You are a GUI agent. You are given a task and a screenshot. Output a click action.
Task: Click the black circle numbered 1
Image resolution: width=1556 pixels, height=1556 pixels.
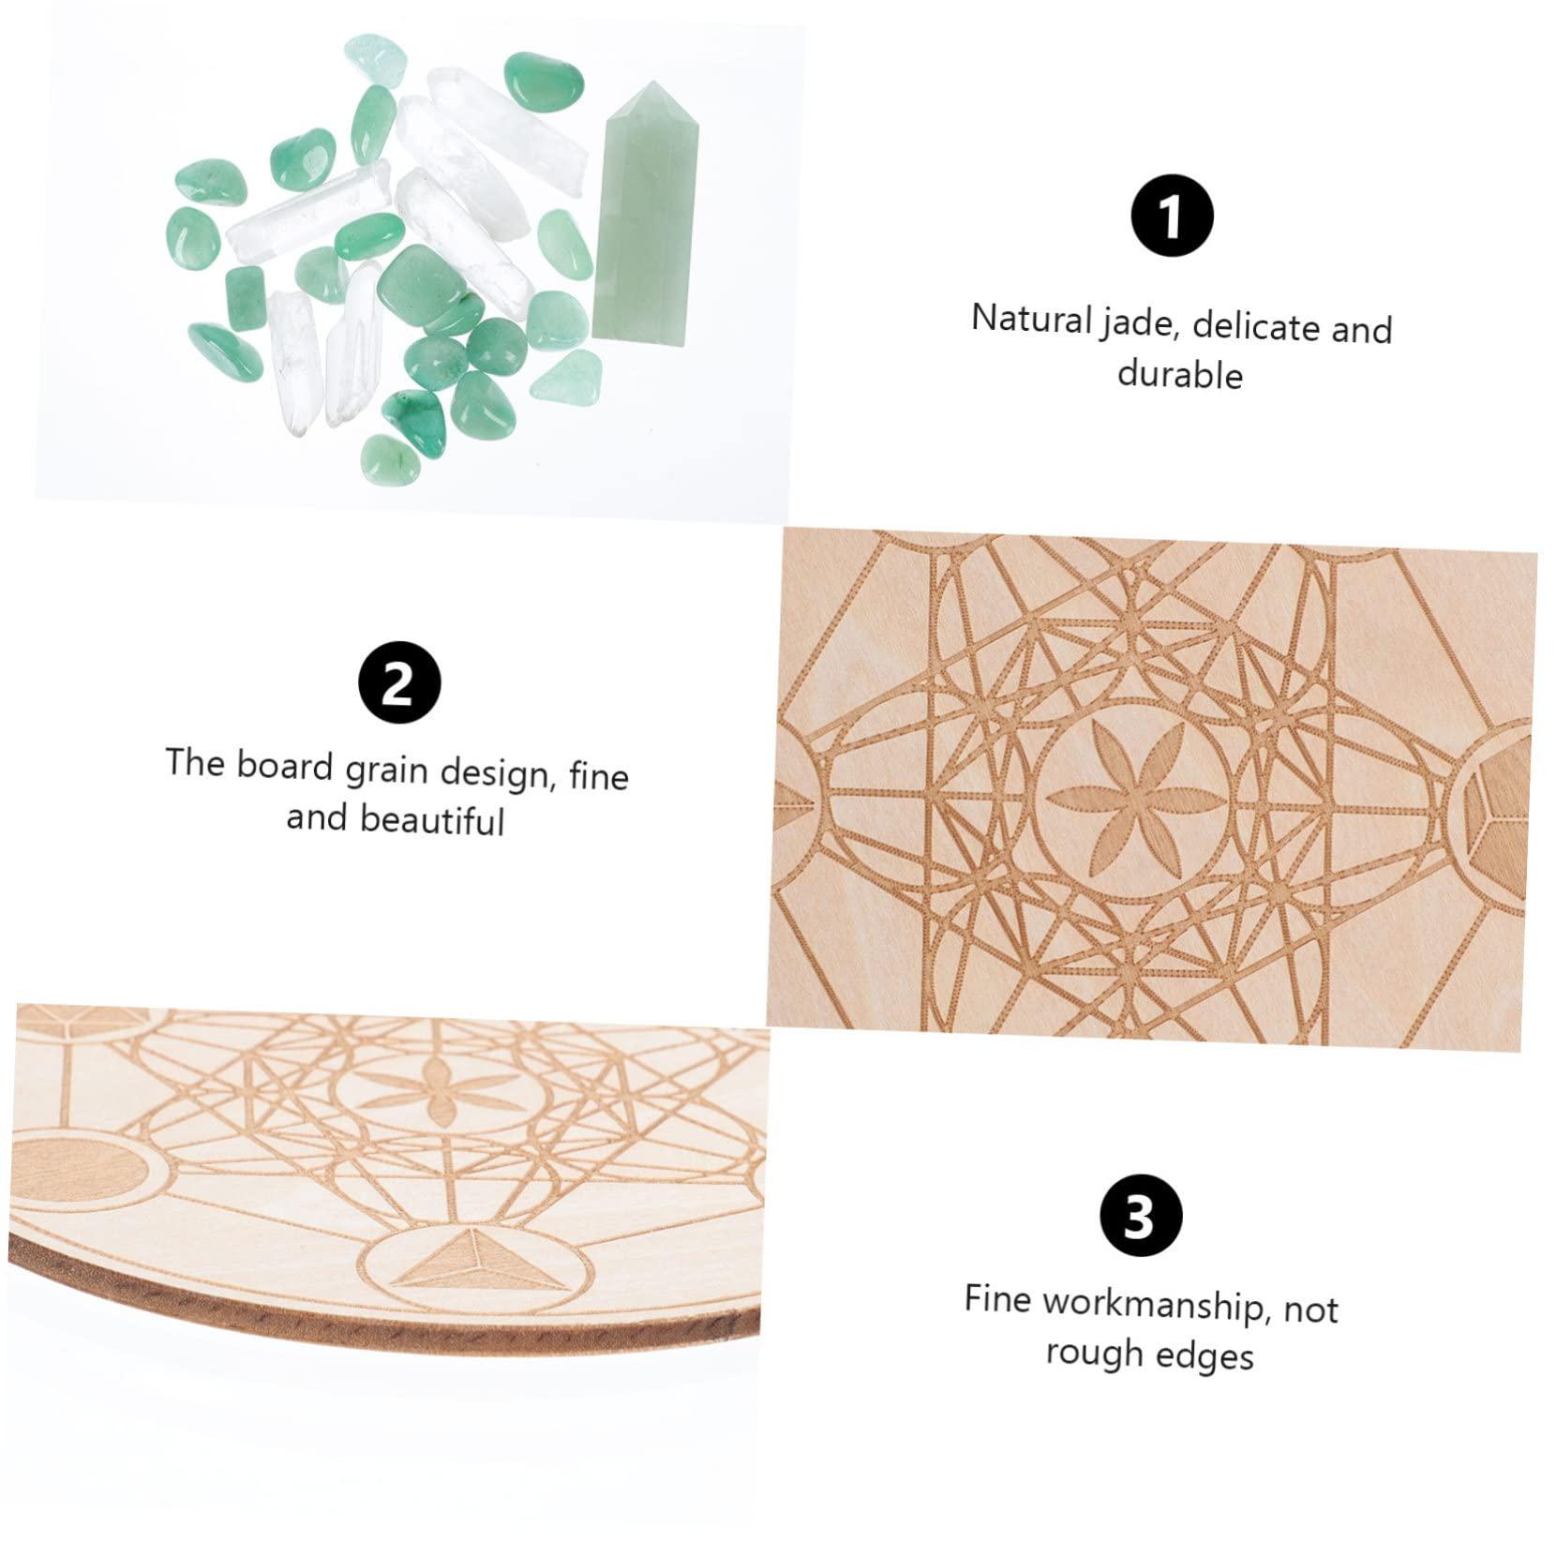pos(1172,217)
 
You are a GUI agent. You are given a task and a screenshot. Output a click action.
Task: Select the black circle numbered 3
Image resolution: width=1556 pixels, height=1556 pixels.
pos(1141,1218)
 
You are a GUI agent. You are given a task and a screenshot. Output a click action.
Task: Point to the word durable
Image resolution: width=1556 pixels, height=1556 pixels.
pos(1179,374)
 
